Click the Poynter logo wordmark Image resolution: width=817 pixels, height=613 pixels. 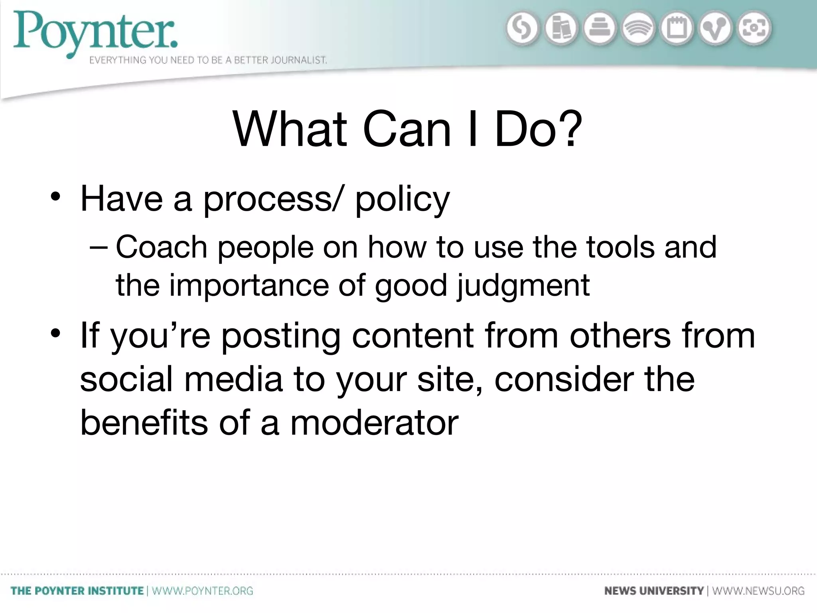coord(96,32)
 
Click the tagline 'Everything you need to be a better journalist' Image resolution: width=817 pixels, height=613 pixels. coord(208,60)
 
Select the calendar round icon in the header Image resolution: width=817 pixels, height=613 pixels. coord(677,28)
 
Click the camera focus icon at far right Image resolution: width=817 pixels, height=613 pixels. coord(754,28)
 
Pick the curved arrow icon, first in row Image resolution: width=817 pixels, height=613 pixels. coord(522,28)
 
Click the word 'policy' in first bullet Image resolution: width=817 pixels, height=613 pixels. coord(402,200)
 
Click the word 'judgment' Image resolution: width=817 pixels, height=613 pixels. coord(523,286)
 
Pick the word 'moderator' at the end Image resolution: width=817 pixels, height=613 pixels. coord(375,423)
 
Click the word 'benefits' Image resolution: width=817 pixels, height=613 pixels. coord(144,423)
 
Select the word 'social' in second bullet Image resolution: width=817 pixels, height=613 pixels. coord(126,379)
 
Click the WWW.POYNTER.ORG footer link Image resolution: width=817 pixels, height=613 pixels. coord(203,591)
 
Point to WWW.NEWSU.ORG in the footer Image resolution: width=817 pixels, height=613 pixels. coord(758,591)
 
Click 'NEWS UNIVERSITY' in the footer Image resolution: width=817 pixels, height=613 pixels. coord(654,591)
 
